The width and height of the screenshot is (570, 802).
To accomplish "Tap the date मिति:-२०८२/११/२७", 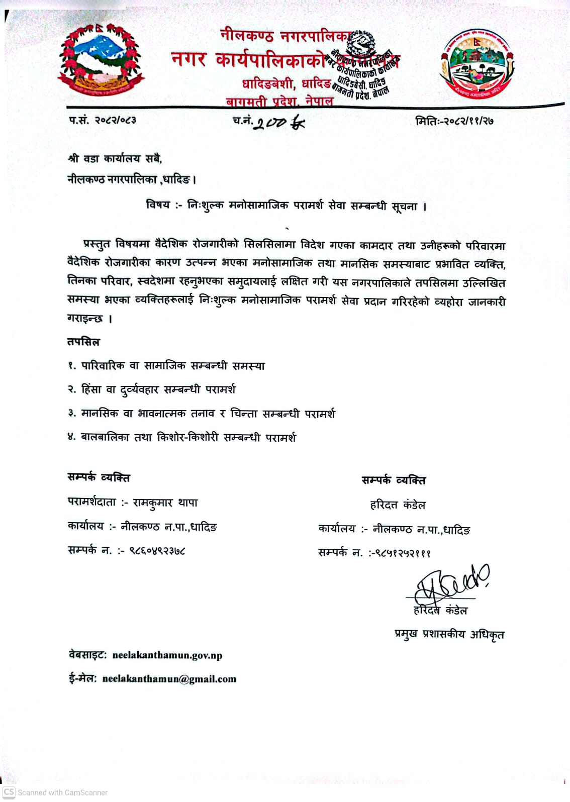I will coord(454,121).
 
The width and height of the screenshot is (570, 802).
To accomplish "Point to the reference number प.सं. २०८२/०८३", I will coord(103,120).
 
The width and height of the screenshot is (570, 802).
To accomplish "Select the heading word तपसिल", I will coord(83,342).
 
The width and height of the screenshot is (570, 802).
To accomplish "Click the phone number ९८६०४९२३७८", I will coord(157,550).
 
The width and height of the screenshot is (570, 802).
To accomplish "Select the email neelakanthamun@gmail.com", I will coord(169,679).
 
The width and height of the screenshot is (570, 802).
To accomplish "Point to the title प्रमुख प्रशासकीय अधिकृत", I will coord(449,635).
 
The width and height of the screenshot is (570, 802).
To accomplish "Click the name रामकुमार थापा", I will coord(165,503).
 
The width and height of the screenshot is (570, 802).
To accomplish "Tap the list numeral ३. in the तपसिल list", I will coord(72,413).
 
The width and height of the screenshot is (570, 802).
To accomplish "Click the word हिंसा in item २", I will coord(91,389).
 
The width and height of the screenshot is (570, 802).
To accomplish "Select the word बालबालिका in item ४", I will coord(105,437).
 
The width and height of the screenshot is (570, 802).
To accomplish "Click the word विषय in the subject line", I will coord(158,205).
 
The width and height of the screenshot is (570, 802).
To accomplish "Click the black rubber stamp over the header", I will coord(363,65).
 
